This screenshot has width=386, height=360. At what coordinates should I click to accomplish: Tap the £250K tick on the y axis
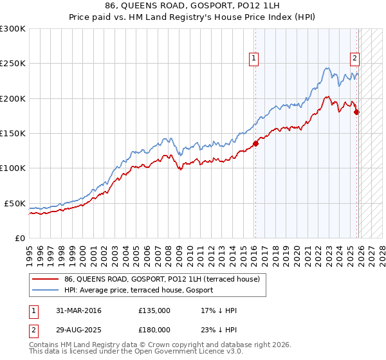pyautogui.click(x=13, y=64)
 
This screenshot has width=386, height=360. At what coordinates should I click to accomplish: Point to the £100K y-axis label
pyautogui.click(x=13, y=168)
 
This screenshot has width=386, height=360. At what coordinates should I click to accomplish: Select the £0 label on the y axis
pyautogui.click(x=19, y=238)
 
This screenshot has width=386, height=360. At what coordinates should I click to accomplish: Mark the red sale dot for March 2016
pyautogui.click(x=255, y=143)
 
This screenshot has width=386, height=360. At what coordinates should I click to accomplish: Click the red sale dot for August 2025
pyautogui.click(x=357, y=112)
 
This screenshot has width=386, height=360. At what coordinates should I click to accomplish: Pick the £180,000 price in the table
pyautogui.click(x=154, y=329)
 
